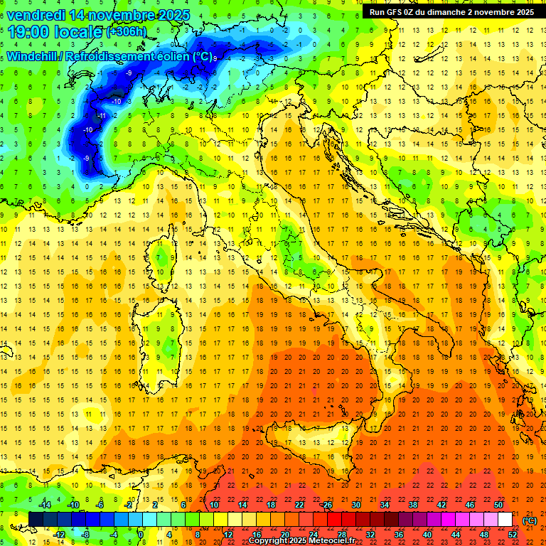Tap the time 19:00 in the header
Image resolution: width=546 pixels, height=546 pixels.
pos(31,31)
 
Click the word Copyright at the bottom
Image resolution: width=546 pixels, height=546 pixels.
pos(268,541)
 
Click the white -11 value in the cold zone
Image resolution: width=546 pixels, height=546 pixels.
pos(102,115)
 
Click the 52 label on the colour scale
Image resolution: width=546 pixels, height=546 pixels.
pos(513,535)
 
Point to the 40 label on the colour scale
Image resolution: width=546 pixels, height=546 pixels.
pos(427,535)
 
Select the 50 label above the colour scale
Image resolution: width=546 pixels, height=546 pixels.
pos(499,505)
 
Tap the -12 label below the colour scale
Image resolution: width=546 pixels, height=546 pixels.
pos(59,535)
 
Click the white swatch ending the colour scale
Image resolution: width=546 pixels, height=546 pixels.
pos(505,520)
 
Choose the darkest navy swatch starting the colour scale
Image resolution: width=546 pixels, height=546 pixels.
pos(36,520)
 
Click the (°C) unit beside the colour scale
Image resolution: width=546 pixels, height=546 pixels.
pos(530,520)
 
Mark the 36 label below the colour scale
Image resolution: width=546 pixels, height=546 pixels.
pos(399,535)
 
